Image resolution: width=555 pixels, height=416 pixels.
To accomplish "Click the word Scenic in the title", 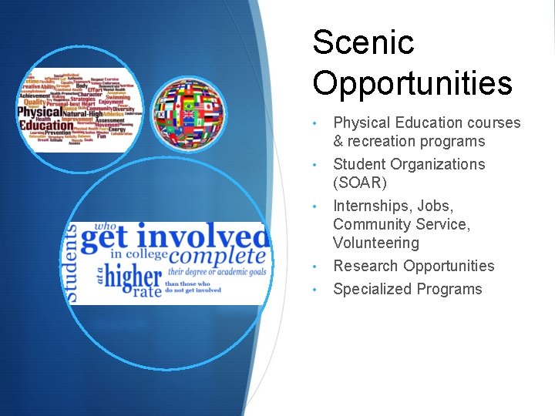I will pos(363,42).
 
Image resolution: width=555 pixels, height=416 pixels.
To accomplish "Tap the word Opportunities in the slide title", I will pos(412,83).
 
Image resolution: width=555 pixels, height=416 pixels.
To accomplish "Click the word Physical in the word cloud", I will pos(38,112).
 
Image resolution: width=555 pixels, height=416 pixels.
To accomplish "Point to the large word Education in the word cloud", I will pos(46,126).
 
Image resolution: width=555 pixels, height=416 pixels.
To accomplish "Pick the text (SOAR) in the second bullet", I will pos(359,183).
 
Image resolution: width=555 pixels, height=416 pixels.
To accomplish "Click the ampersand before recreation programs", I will pos(338,141).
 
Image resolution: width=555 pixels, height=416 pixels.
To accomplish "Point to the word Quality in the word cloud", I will pos(35,101).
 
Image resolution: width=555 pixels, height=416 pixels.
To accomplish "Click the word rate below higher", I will pos(146,292).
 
